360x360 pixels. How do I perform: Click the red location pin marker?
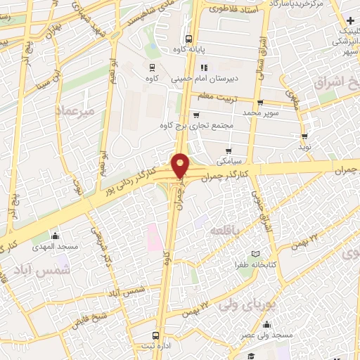[x=181, y=165]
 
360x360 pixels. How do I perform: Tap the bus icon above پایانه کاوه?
[x=188, y=39]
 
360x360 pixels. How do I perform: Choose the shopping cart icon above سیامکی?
[x=229, y=150]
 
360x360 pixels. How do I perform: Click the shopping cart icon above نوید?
[x=304, y=136]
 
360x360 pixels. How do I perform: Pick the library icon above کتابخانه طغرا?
[x=256, y=253]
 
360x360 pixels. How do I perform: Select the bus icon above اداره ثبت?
[x=155, y=336]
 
